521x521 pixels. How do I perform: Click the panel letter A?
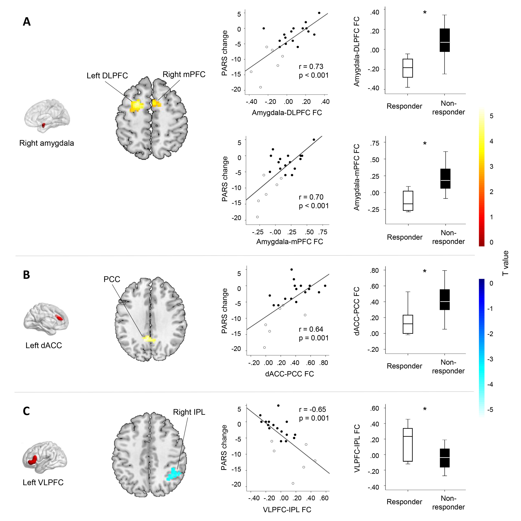click(x=27, y=22)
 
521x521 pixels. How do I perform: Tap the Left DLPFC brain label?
click(x=107, y=76)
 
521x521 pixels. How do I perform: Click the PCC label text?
click(x=112, y=279)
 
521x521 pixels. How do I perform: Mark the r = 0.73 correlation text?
click(x=311, y=67)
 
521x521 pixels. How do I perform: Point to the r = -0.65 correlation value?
click(x=312, y=409)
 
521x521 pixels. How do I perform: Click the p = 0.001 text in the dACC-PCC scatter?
click(x=314, y=338)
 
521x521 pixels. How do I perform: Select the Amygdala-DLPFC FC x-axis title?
click(x=287, y=113)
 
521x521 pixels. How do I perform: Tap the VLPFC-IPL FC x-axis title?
click(x=287, y=510)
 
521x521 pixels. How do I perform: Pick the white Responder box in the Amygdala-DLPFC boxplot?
click(x=407, y=68)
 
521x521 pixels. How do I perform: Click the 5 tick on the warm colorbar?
click(x=491, y=116)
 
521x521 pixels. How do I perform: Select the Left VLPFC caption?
click(x=43, y=482)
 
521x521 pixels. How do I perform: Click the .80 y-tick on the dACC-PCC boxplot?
click(x=374, y=270)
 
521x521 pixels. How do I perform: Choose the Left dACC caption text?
click(x=44, y=345)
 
